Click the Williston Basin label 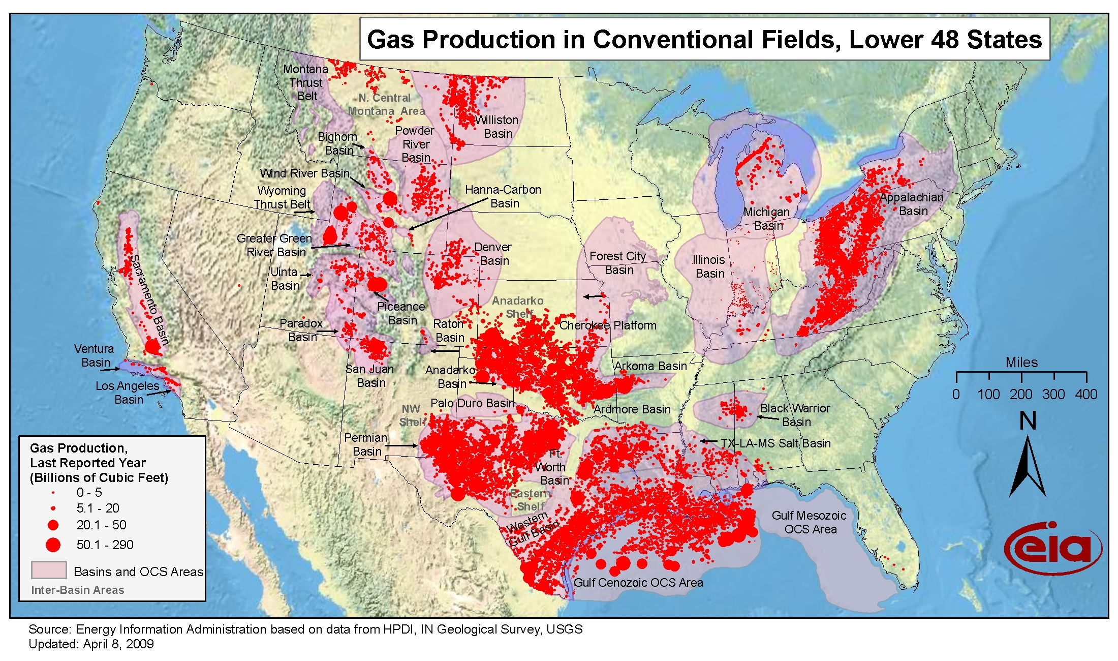tap(497, 127)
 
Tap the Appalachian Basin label tap(912, 204)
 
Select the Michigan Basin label tap(767, 219)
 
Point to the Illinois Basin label tap(709, 266)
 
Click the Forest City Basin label tap(618, 263)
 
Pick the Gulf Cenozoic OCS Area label tap(638, 583)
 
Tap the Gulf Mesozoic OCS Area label tap(809, 522)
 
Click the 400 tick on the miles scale tap(1086, 394)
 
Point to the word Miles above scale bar tap(1021, 363)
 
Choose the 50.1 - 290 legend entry tap(105, 545)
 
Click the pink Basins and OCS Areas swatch tap(49, 570)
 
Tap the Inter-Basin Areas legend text tap(78, 590)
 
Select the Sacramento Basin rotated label tap(149, 300)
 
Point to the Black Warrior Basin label tap(795, 415)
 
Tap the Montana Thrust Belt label tap(306, 82)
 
